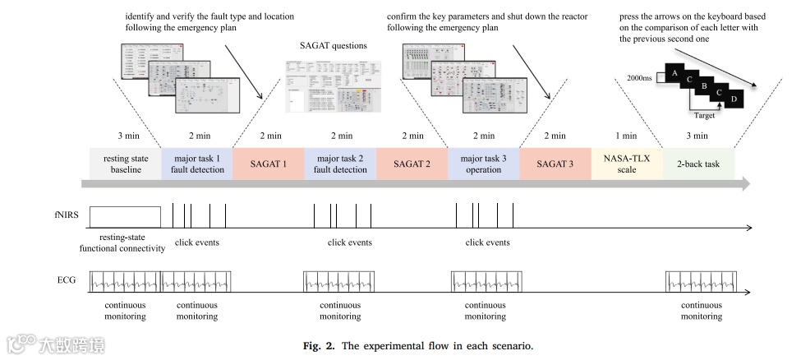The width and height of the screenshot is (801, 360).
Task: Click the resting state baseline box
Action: point(126,164)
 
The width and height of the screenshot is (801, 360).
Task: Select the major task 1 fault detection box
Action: point(197,164)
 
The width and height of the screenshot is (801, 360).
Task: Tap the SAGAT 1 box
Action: point(269,164)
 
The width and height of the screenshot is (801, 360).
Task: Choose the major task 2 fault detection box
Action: point(340,164)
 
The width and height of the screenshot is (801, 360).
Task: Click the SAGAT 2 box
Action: point(412,164)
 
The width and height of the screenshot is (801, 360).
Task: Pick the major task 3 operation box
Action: point(483,164)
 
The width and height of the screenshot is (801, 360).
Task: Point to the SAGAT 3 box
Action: point(555,164)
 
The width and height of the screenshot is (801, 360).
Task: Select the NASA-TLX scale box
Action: point(626,164)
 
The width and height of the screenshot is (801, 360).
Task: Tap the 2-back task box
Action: point(698,164)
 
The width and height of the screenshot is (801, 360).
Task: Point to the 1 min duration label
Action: point(626,136)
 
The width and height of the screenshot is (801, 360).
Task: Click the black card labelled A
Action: point(674,73)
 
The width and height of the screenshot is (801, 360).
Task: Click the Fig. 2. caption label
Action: point(320,345)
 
